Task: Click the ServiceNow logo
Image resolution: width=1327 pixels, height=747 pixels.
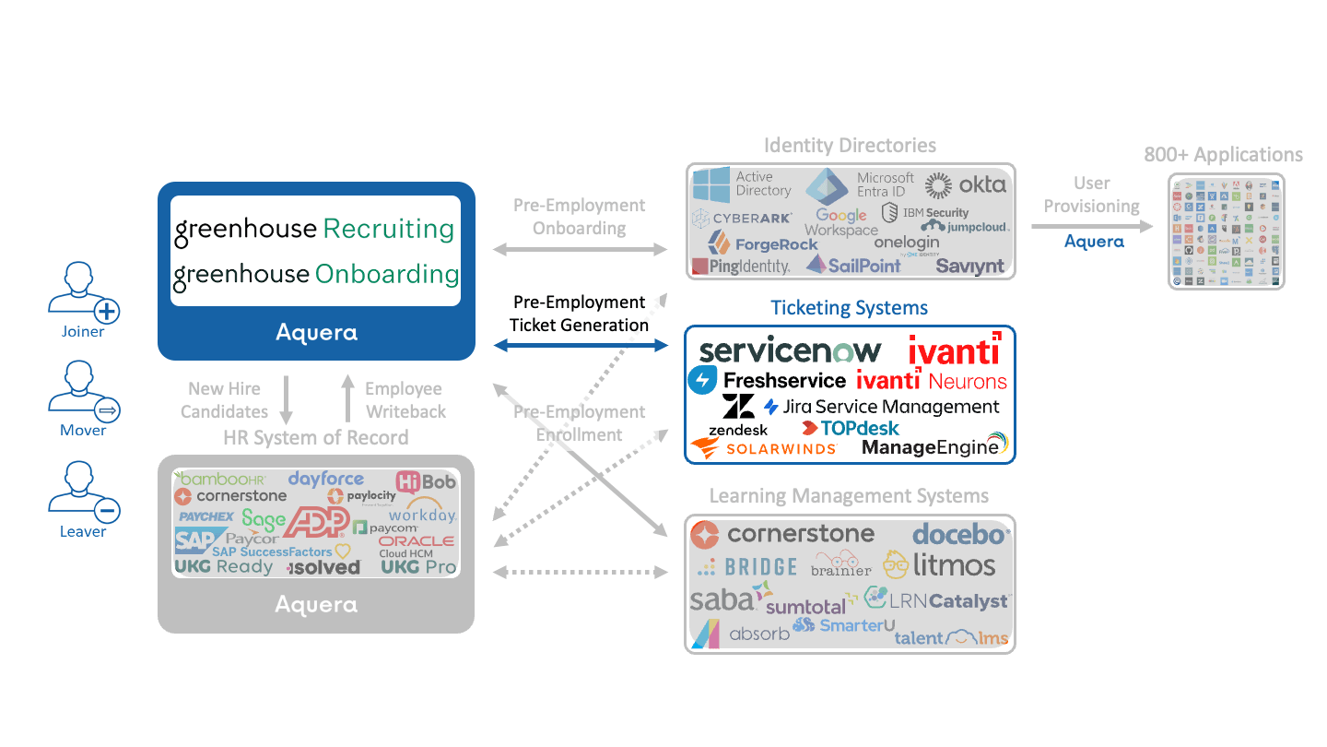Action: click(790, 351)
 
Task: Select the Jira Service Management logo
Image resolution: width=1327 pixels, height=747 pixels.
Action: click(882, 407)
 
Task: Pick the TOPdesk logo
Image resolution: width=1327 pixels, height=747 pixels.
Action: click(850, 428)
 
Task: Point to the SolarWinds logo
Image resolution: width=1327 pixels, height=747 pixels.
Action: click(764, 448)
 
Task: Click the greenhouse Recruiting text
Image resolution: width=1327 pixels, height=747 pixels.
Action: click(314, 230)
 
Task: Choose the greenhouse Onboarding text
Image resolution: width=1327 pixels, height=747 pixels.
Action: click(315, 274)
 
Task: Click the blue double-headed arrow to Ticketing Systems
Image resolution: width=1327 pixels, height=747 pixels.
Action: click(580, 345)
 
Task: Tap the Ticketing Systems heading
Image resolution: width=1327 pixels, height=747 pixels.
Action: click(849, 308)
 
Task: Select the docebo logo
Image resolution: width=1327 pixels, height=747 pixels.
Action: click(961, 534)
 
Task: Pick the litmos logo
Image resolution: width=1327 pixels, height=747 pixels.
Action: click(939, 563)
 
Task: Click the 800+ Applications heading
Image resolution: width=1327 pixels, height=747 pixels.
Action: click(1223, 155)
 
